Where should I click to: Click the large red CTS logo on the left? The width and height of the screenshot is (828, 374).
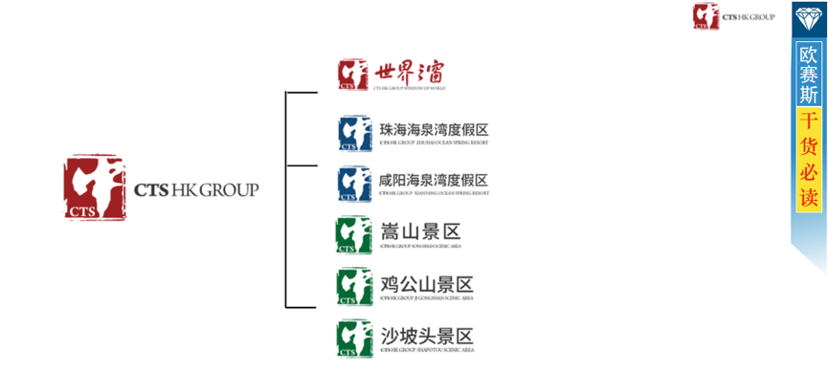pos(95,187)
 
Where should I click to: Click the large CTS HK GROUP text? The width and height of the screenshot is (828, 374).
pos(196,189)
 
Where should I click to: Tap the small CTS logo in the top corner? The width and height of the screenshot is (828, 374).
pos(706,16)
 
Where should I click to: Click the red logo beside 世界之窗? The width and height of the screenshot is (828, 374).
pos(354,74)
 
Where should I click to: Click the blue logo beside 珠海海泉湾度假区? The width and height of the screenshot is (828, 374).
pos(355,134)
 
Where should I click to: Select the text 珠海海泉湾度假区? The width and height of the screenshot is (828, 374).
pos(434,129)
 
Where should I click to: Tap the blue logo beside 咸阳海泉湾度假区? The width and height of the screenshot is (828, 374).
pos(355,184)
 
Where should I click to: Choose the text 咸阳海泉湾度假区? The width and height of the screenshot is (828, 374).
pos(434,180)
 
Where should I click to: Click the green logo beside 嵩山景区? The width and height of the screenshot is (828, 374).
pos(353,235)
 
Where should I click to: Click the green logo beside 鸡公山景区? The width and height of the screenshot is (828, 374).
pos(354,286)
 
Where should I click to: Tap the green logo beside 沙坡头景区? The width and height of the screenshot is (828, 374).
pos(354,339)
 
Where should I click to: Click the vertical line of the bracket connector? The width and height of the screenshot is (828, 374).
pos(286,200)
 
